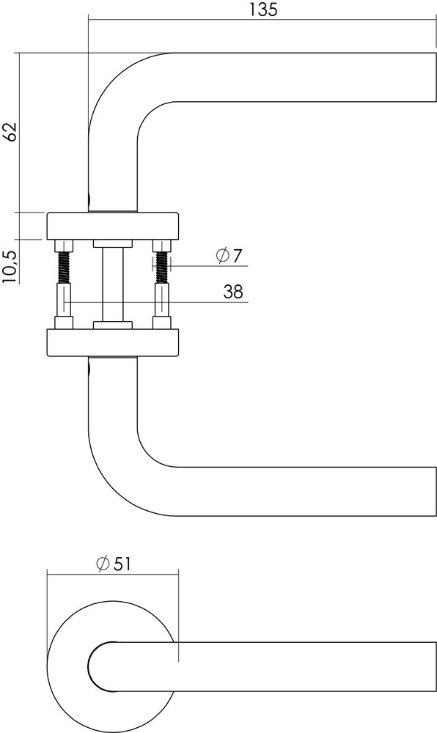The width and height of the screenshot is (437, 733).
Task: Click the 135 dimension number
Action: point(260,10)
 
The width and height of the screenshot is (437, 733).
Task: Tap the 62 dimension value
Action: point(10,132)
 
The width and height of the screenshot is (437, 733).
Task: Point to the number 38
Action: point(232,292)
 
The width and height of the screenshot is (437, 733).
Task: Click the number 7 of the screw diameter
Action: point(236,256)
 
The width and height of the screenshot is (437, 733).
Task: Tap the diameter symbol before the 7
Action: point(222,256)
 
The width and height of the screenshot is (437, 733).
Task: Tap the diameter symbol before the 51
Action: point(103,563)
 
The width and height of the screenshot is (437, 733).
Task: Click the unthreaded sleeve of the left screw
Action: point(64,301)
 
